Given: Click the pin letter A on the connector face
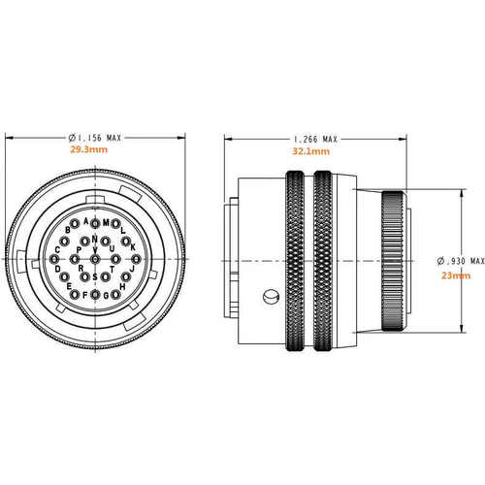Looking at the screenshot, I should coord(86,221).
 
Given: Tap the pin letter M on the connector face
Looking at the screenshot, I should coord(106,221).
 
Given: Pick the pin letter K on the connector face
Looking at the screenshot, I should coord(132,246).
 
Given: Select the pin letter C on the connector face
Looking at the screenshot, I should coord(58,249).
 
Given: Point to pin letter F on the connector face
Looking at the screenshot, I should coord(85,295).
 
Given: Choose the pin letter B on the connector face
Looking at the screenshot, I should coord(68,230).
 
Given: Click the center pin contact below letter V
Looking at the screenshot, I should coord(95,259).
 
